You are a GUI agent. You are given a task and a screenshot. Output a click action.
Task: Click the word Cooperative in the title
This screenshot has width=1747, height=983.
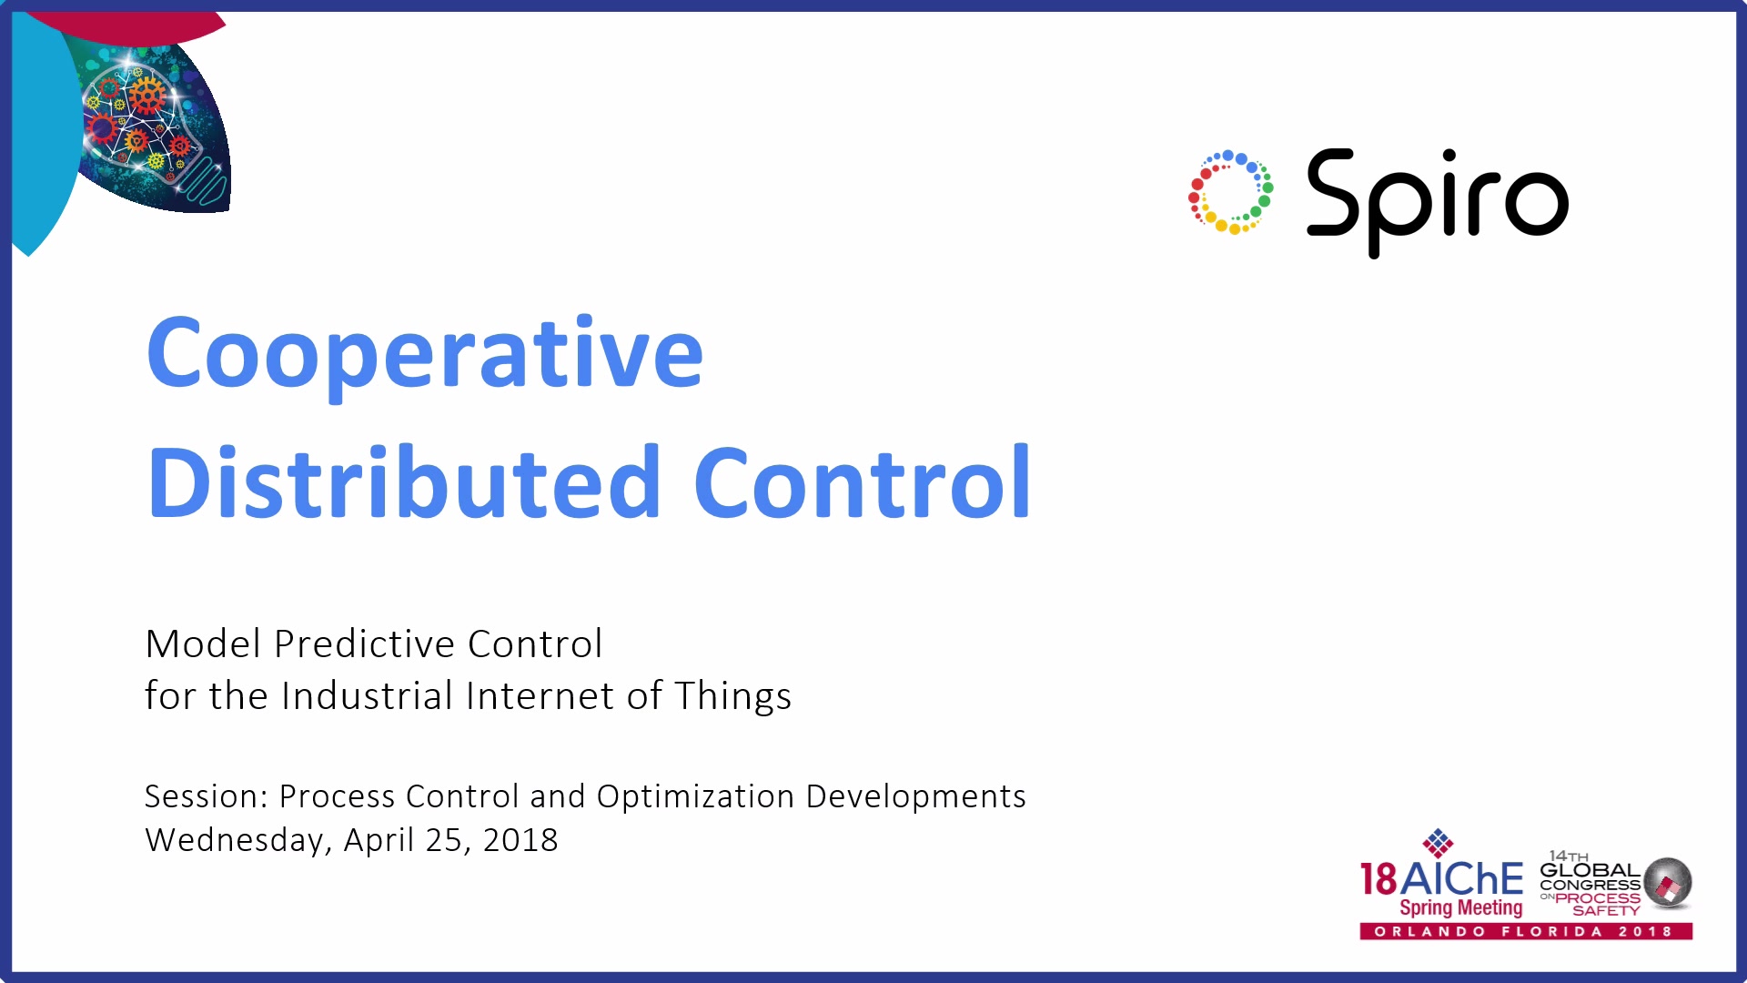425,355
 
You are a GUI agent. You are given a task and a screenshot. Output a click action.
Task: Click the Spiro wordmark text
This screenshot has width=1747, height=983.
1438,202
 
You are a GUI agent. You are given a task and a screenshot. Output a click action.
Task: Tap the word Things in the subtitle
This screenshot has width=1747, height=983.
733,697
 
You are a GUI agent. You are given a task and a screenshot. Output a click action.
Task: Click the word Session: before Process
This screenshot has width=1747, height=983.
207,796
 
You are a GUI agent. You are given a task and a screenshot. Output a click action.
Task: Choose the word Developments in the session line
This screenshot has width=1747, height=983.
916,796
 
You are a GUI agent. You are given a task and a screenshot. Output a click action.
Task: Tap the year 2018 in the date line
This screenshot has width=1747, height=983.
520,840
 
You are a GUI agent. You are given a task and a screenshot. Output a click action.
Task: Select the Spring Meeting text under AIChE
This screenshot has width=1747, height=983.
1460,907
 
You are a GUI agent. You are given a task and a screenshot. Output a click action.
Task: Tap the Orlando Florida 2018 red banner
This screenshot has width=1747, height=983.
1526,931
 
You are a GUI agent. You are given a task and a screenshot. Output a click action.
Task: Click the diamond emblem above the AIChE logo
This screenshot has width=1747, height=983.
1438,843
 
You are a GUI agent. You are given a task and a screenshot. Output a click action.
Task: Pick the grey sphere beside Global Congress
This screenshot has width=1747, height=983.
1668,883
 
